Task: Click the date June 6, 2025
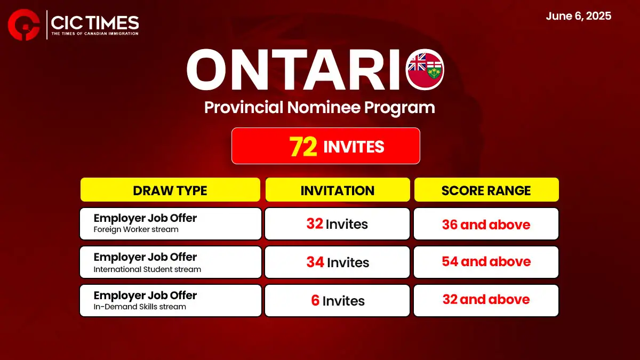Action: pyautogui.click(x=579, y=16)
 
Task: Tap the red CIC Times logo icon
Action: pyautogui.click(x=23, y=25)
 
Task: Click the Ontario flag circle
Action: pyautogui.click(x=425, y=69)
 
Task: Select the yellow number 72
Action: pyautogui.click(x=303, y=146)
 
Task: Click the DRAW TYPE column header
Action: pyautogui.click(x=170, y=190)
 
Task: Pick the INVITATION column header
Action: pyautogui.click(x=338, y=190)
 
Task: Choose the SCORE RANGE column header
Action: pyautogui.click(x=486, y=190)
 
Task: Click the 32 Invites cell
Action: pyautogui.click(x=337, y=223)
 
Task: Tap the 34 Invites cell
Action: pyautogui.click(x=337, y=262)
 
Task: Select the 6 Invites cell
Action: pyautogui.click(x=337, y=300)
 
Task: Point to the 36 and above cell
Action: pyautogui.click(x=486, y=223)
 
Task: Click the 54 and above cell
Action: pyautogui.click(x=486, y=262)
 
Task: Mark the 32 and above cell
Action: pyautogui.click(x=486, y=300)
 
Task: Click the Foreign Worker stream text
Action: pyautogui.click(x=136, y=229)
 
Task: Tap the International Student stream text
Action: pyautogui.click(x=147, y=269)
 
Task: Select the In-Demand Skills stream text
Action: pyautogui.click(x=140, y=307)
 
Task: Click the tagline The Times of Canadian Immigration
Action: pyautogui.click(x=95, y=34)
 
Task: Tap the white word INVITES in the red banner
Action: pyautogui.click(x=354, y=147)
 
